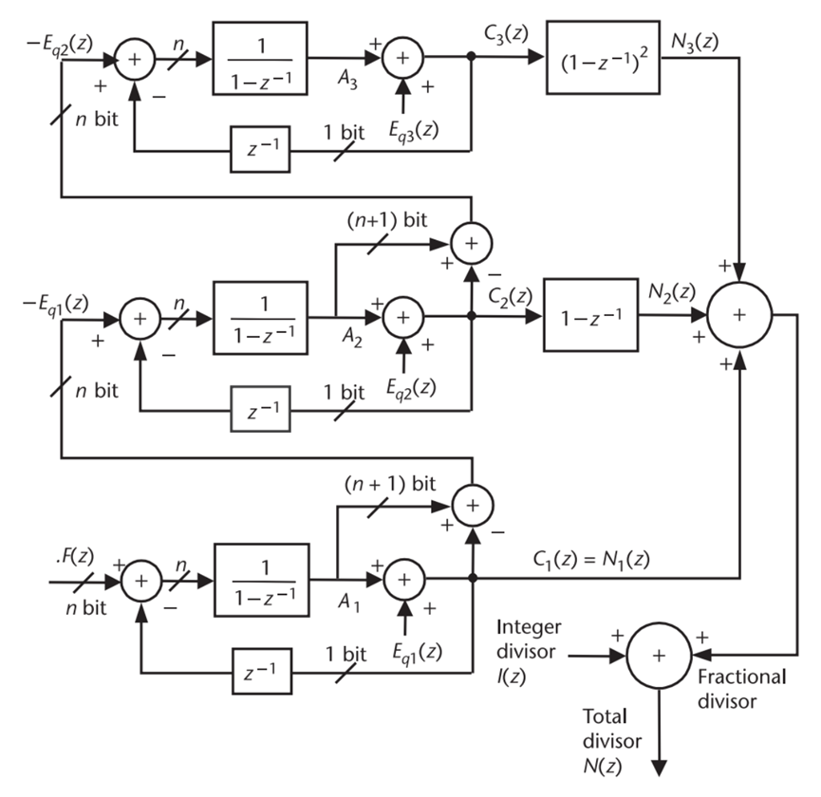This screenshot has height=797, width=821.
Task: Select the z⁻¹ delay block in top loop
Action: click(x=260, y=150)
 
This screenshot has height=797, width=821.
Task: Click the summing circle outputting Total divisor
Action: click(x=659, y=655)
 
